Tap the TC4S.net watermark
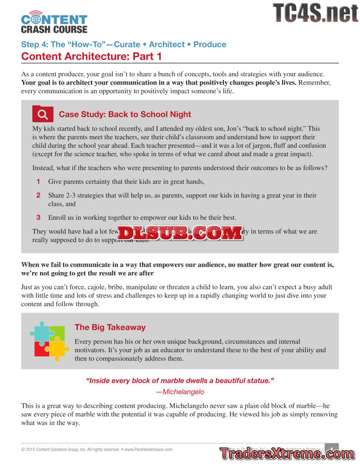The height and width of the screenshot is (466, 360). click(x=315, y=13)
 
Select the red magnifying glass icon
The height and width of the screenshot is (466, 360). click(x=43, y=114)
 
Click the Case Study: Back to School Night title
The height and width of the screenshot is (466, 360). click(x=125, y=114)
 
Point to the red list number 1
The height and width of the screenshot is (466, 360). click(x=39, y=182)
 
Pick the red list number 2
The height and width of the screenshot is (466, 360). click(x=39, y=195)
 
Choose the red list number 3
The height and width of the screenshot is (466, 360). click(x=39, y=217)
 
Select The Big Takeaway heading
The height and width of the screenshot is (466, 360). click(x=110, y=327)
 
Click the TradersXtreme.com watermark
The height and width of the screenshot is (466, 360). click(x=286, y=454)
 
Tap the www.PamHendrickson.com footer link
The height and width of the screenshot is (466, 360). click(x=148, y=450)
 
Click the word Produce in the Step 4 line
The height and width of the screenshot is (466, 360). click(x=210, y=45)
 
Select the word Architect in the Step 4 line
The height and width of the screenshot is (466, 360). click(x=167, y=45)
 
